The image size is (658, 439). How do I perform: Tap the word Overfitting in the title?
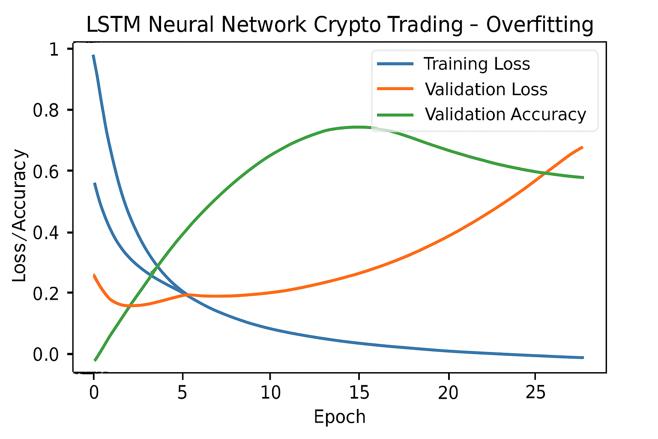(x=539, y=25)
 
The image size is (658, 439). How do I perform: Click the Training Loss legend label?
(x=477, y=64)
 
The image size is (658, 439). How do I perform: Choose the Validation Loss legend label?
(x=486, y=90)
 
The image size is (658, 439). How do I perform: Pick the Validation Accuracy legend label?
(x=505, y=115)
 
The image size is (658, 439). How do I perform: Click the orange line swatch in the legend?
(x=395, y=89)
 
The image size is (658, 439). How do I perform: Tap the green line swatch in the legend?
(x=395, y=114)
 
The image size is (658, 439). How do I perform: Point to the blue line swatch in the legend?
(x=395, y=64)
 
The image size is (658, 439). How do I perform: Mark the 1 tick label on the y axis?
(x=54, y=49)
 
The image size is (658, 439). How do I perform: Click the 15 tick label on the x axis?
(x=359, y=393)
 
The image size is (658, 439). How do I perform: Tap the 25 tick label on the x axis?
(x=535, y=393)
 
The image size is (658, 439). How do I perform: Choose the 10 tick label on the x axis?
(x=270, y=393)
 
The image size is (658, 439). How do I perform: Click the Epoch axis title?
(x=340, y=417)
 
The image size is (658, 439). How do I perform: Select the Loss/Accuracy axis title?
(x=20, y=215)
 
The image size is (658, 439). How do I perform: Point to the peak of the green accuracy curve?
(x=358, y=127)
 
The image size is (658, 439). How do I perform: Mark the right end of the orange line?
(x=583, y=147)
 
